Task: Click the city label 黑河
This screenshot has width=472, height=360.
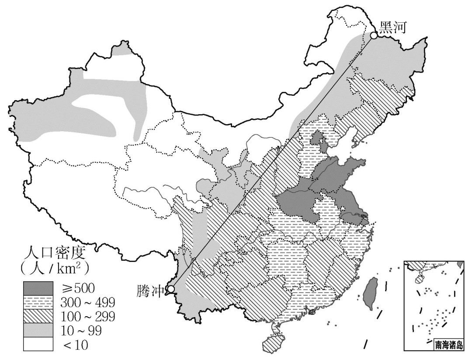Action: [x=393, y=28]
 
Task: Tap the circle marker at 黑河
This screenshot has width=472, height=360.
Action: [x=375, y=35]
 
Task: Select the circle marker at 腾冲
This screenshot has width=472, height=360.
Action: [x=170, y=289]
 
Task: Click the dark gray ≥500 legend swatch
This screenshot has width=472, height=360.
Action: [x=38, y=287]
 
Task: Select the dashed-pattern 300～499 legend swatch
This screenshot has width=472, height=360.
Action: [x=38, y=301]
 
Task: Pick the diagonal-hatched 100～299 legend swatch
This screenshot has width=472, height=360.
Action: [x=38, y=315]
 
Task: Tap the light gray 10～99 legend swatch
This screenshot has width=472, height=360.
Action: [x=38, y=329]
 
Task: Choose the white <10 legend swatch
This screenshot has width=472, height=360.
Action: [x=38, y=343]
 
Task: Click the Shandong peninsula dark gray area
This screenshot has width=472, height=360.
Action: [x=350, y=168]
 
